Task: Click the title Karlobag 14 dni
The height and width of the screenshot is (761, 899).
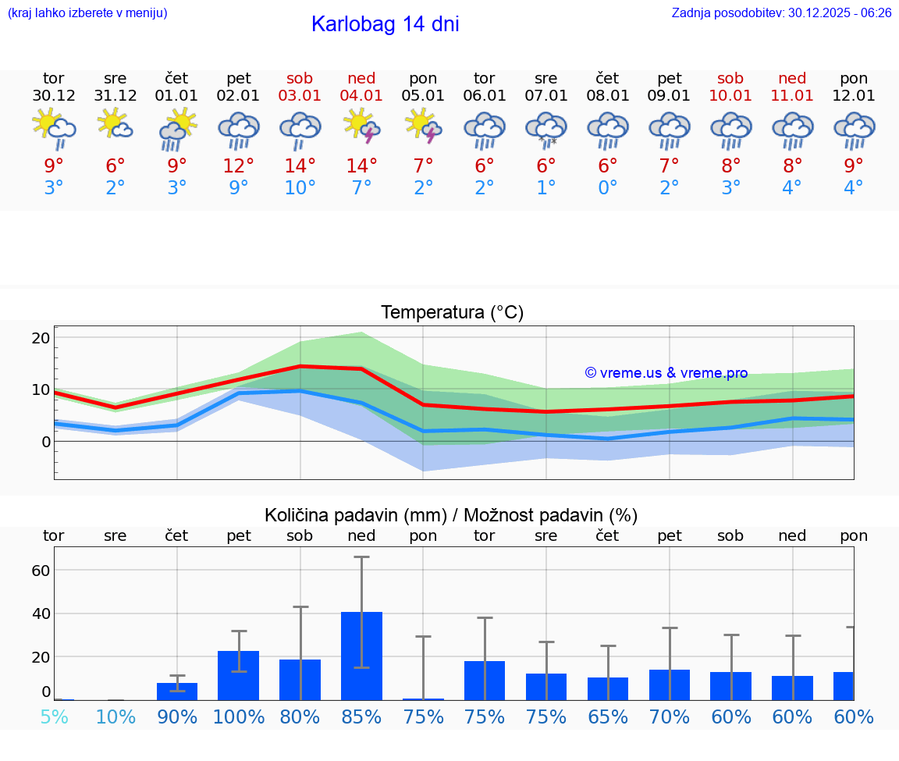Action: pos(385,24)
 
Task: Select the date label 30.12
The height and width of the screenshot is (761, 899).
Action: pos(54,96)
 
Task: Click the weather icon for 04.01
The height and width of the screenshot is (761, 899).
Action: pos(361,127)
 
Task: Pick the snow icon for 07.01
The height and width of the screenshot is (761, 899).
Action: pos(546,129)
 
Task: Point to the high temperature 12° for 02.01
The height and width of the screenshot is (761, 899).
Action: pos(239,165)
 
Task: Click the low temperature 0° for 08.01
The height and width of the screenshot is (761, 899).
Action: pos(608,188)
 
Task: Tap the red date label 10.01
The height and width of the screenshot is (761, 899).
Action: pos(731,96)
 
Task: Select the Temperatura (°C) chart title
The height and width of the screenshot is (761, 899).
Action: pos(452,313)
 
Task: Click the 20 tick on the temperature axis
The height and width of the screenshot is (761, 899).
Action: pos(41,338)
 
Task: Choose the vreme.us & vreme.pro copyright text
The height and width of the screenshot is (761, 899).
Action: pos(666,373)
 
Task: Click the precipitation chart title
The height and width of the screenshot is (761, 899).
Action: pos(451,515)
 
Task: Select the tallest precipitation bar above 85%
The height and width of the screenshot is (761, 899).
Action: pos(361,656)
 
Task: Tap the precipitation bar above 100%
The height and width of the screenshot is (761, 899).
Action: pos(239,675)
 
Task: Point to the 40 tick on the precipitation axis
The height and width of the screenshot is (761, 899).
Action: pos(41,613)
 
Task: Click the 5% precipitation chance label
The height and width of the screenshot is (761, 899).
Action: pos(54,717)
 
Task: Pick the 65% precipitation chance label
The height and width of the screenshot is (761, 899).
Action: pos(608,717)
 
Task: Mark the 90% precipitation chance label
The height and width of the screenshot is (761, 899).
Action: pos(177,717)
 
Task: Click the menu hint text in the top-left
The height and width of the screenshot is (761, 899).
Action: pos(87,13)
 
